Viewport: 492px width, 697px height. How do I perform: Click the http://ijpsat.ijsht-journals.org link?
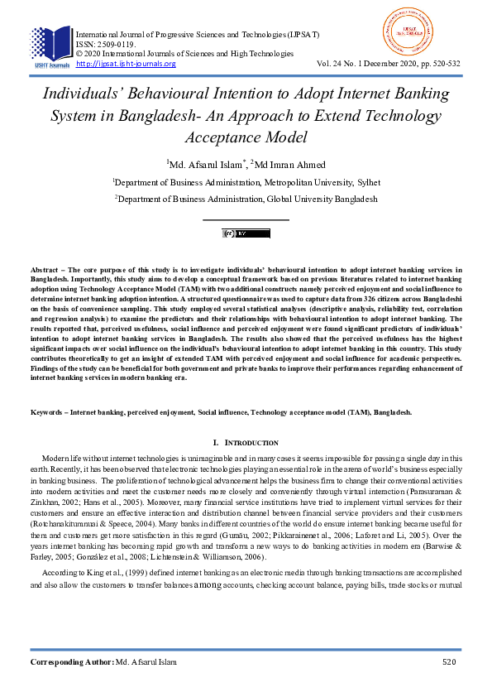[x=126, y=64]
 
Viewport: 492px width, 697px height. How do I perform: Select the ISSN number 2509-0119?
[x=116, y=45]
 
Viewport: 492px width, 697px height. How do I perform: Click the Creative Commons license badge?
[x=246, y=233]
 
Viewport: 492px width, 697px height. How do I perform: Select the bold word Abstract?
[x=46, y=271]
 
